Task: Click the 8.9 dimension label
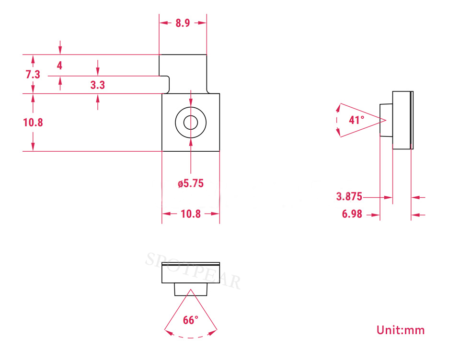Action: coord(183,23)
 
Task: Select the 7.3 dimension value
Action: coord(33,74)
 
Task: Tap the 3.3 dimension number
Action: coord(97,85)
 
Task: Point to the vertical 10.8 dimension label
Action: coord(33,122)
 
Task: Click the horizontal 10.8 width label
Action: coord(191,214)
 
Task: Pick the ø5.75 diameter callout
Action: coord(191,183)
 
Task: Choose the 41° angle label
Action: coord(356,120)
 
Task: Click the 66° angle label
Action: coord(191,320)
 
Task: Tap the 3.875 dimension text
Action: coord(349,196)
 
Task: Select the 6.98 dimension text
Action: coord(352,214)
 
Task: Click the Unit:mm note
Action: coord(401,330)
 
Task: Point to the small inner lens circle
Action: coord(191,116)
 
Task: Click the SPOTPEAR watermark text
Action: coord(193,271)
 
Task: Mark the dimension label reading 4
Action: coord(59,66)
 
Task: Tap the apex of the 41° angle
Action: coord(386,120)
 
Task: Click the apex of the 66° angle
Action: coord(191,290)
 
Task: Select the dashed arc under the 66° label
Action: coord(191,337)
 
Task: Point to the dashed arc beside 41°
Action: coord(337,120)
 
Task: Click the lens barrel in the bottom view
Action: coord(191,289)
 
